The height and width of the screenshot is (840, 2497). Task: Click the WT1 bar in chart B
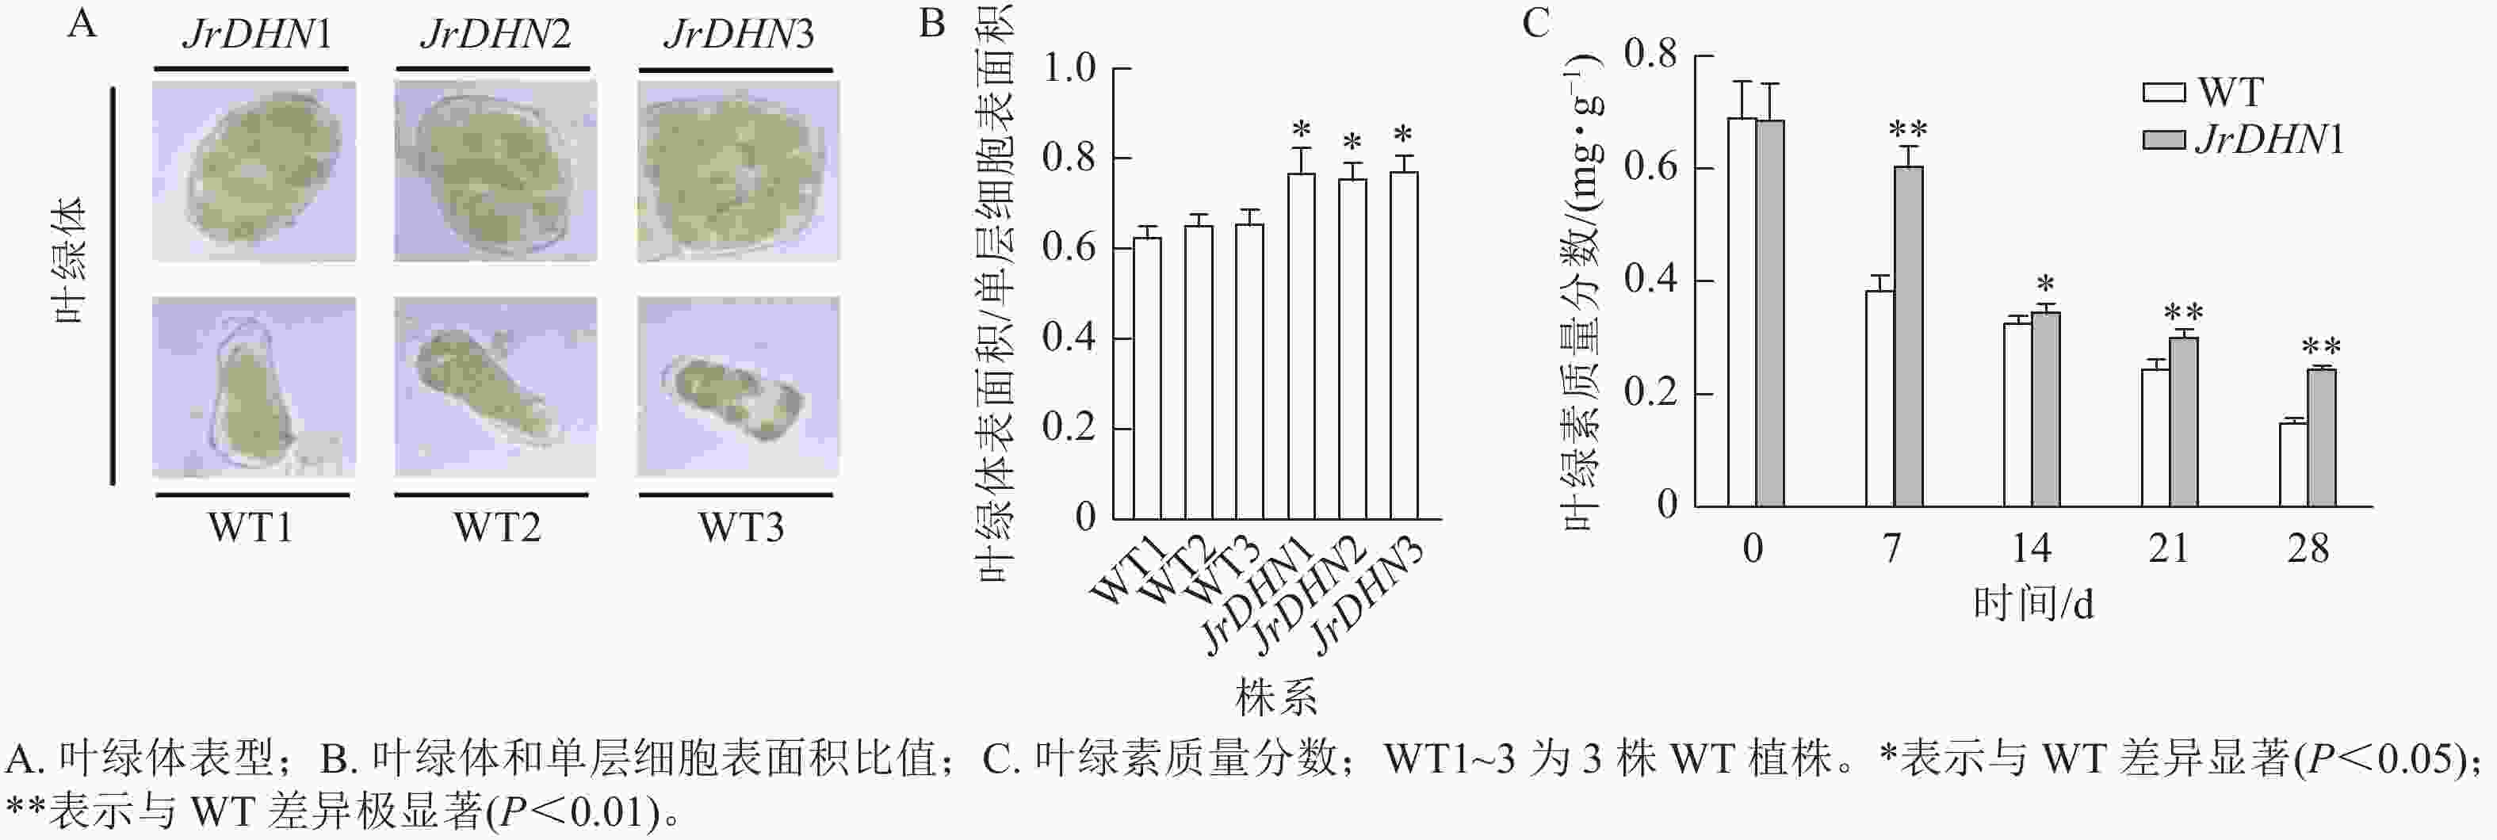1148,378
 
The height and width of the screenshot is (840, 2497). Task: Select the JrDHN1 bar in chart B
1302,346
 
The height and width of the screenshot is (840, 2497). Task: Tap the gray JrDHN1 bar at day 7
1909,336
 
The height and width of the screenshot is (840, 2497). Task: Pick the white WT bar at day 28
2292,464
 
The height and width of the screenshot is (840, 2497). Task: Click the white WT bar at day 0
1742,312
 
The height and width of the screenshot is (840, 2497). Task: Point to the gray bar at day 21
2184,422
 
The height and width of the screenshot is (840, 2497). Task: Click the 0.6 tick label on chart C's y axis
1650,168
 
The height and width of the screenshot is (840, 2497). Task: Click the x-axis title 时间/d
2032,605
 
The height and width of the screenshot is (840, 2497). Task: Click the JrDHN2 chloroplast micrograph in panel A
495,171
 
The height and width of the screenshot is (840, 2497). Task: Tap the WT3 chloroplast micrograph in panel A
738,388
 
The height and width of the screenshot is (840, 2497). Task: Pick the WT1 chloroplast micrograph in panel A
253,388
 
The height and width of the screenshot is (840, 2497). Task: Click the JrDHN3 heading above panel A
739,35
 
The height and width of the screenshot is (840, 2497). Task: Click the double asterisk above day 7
1908,130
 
